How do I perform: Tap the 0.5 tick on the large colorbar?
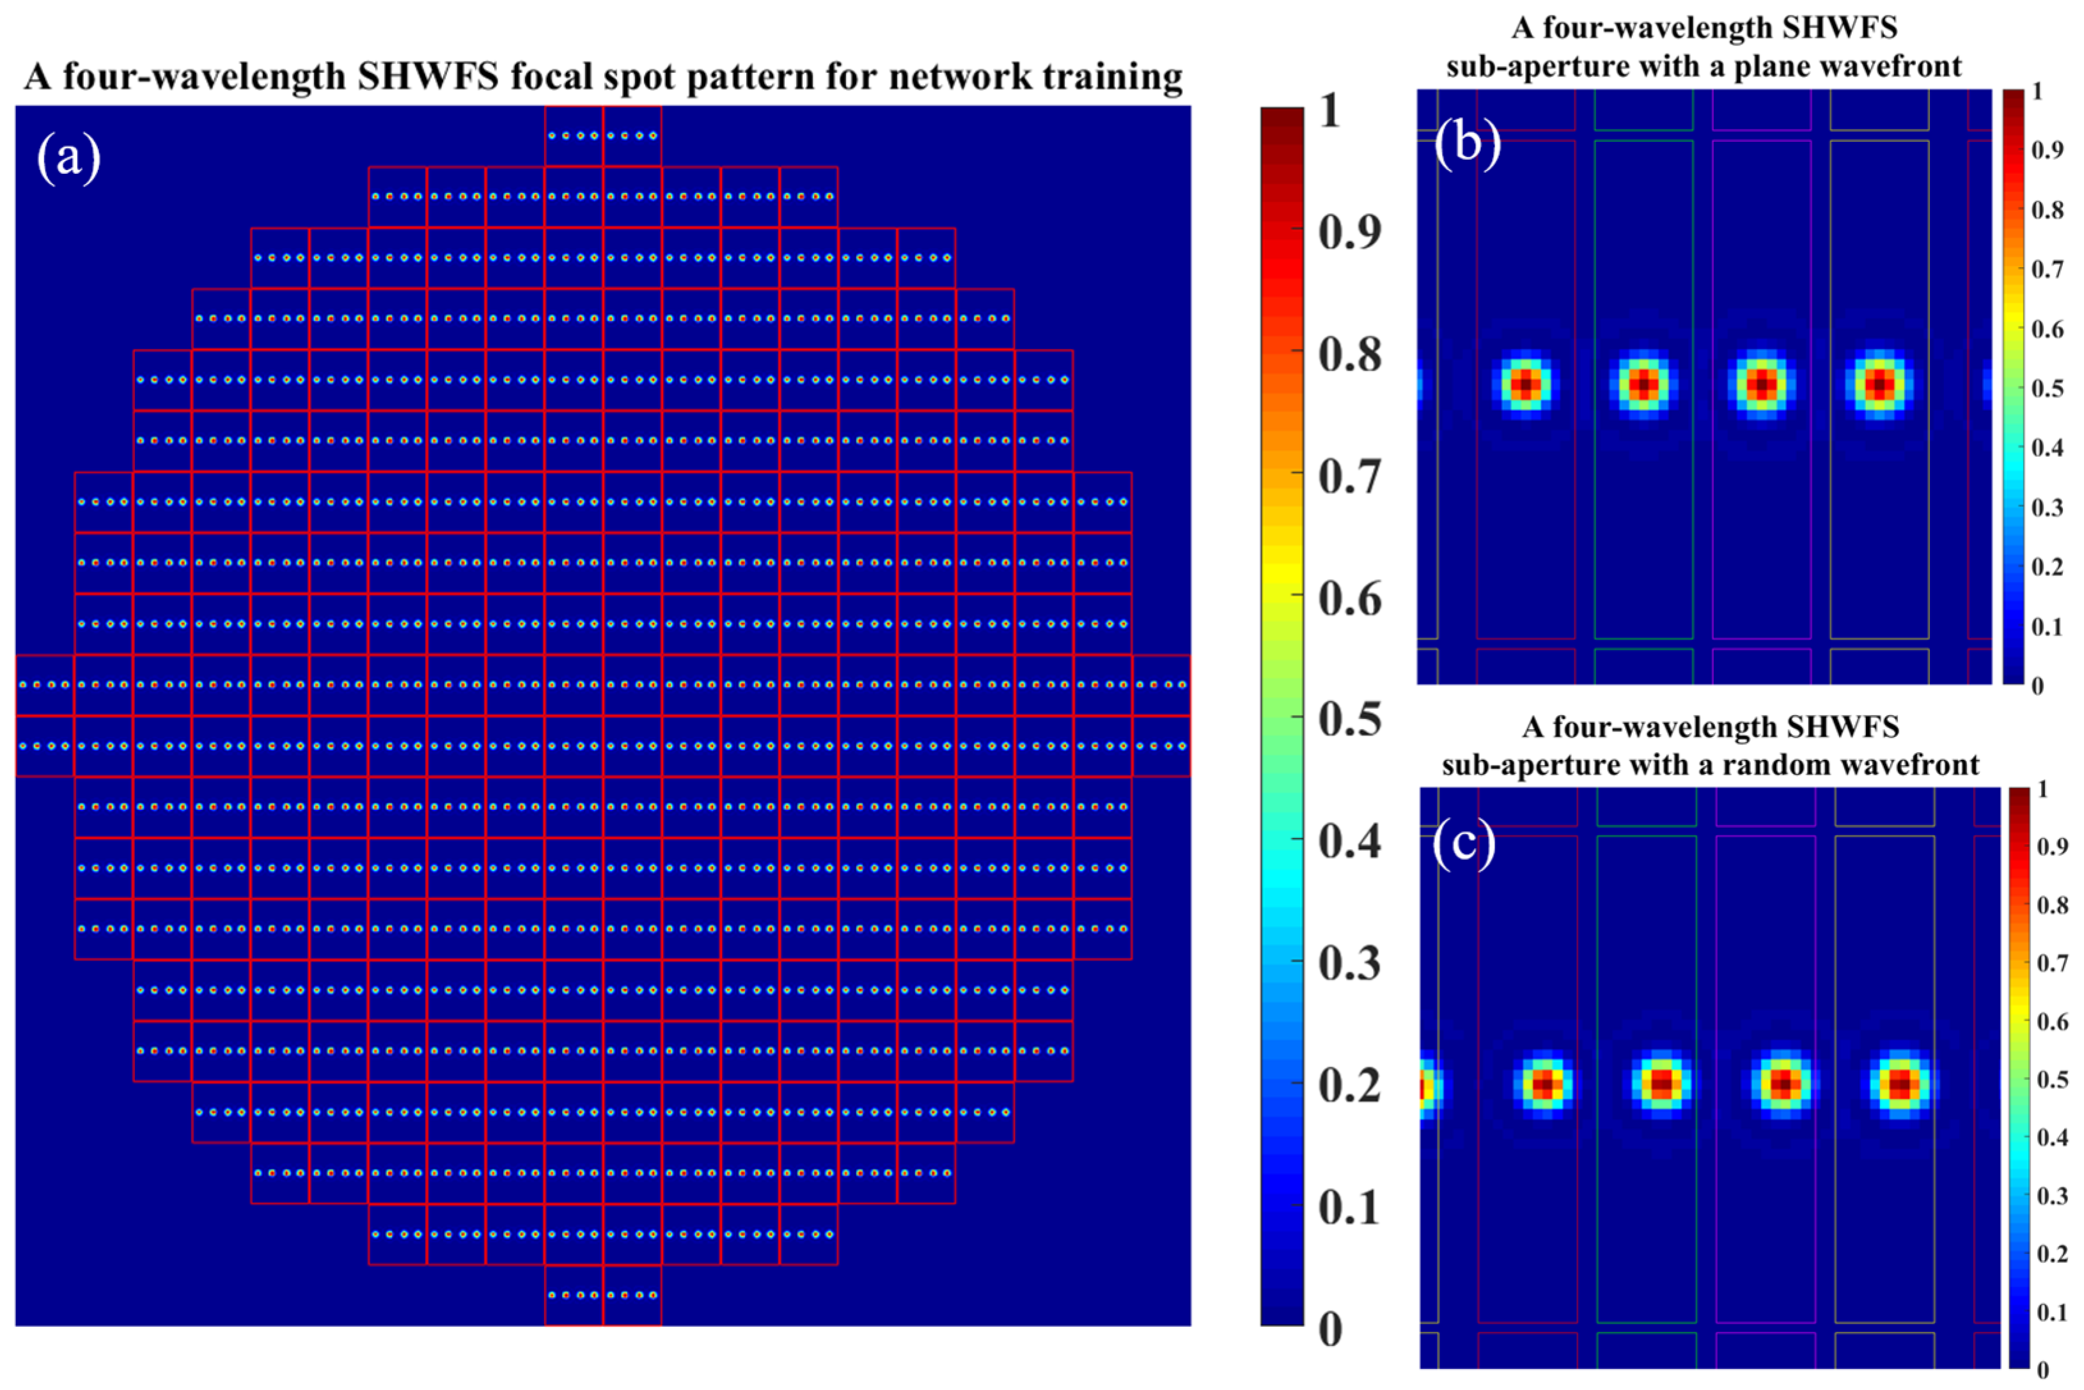[1349, 719]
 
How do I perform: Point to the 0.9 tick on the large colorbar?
[1349, 232]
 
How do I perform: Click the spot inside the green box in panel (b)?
[1643, 385]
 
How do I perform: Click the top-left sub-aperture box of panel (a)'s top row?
[574, 135]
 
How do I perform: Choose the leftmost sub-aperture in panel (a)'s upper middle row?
[44, 685]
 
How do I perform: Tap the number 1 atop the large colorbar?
[1329, 112]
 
